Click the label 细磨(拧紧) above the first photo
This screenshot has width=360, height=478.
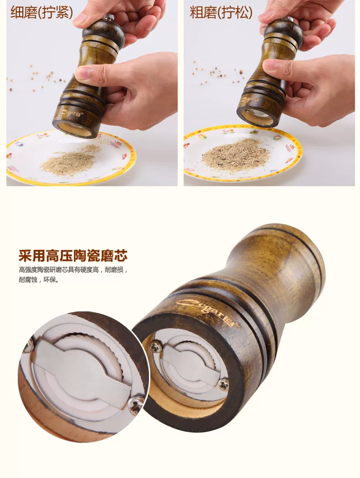click(x=42, y=12)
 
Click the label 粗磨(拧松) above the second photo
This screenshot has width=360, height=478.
click(x=221, y=12)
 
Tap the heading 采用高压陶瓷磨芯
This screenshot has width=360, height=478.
click(x=73, y=255)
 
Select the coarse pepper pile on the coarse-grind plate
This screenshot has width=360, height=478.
click(x=236, y=155)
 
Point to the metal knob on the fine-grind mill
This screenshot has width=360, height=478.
click(x=109, y=17)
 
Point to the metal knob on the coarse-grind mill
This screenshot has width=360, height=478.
click(x=288, y=20)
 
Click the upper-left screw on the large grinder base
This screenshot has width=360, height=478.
click(x=156, y=347)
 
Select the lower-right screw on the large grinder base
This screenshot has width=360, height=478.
click(x=224, y=385)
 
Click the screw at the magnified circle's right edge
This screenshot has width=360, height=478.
click(x=136, y=404)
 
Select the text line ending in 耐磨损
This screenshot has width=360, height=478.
click(x=73, y=270)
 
